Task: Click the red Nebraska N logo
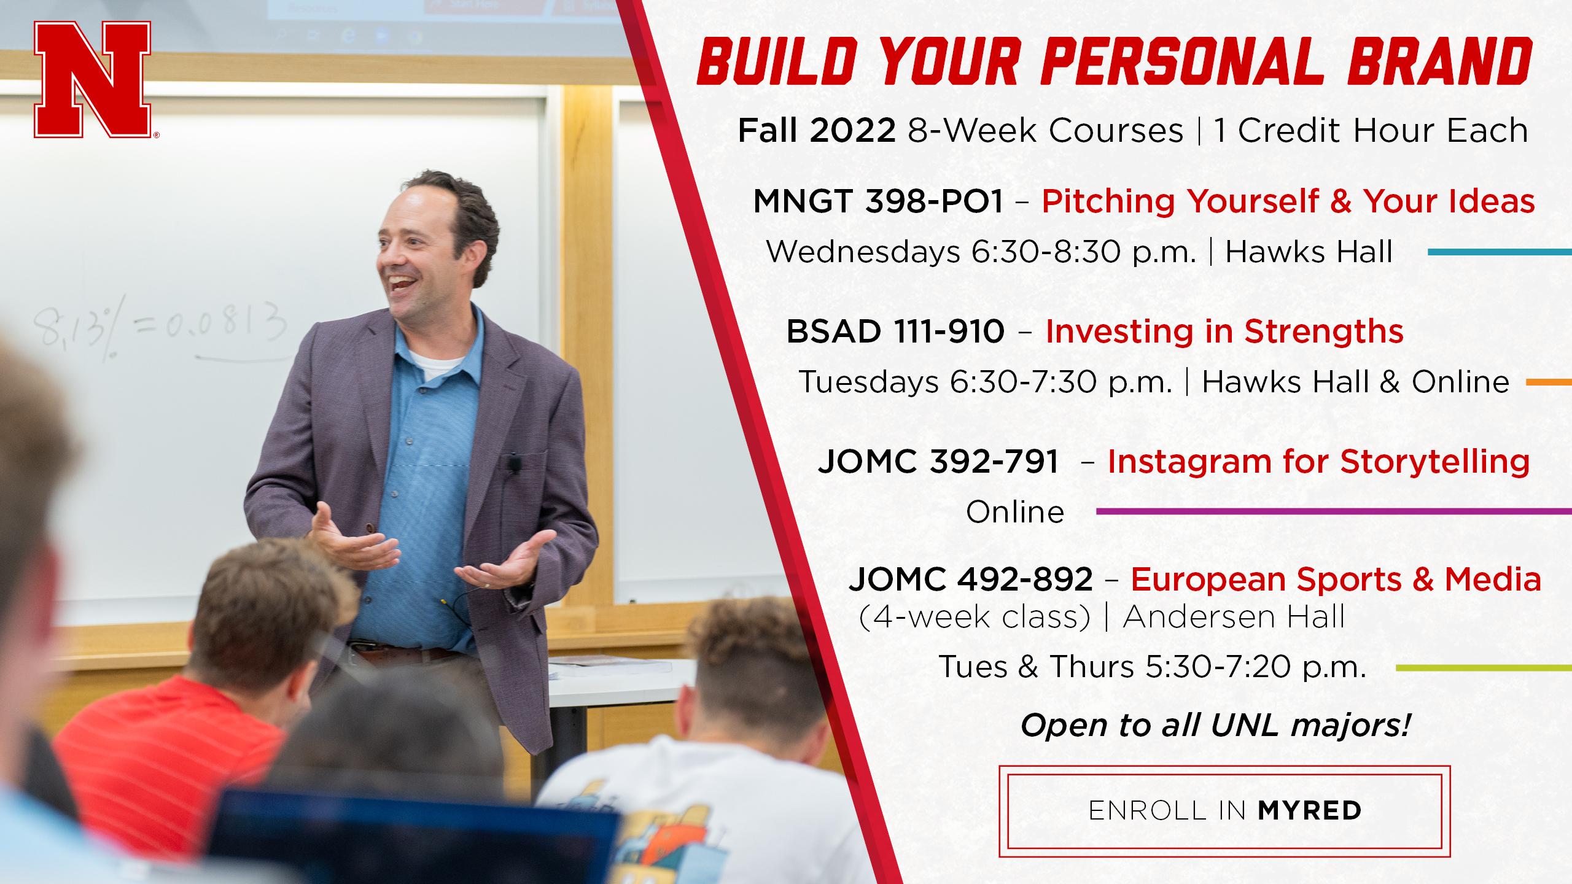point(93,79)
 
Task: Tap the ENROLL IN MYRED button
point(1224,811)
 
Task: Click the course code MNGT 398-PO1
point(878,201)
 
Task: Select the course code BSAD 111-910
point(895,331)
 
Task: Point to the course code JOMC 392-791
point(938,462)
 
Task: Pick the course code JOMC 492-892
point(970,579)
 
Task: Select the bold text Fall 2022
point(817,130)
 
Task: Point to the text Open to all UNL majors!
point(1215,726)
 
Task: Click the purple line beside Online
point(1334,511)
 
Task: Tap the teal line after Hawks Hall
point(1500,252)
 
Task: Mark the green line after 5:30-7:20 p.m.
point(1484,668)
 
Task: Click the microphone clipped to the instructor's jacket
point(512,462)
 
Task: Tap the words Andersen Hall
point(1234,617)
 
